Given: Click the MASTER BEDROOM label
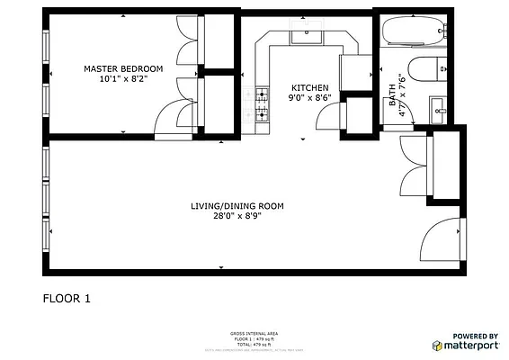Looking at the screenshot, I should [123, 68].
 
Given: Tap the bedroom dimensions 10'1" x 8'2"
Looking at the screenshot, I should [123, 79].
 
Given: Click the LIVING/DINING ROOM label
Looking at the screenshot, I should [237, 206].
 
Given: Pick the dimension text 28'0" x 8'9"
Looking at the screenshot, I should [237, 216].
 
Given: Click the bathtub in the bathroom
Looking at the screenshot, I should [413, 32].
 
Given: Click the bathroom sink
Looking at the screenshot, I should [438, 109].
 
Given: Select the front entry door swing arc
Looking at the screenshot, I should [440, 238].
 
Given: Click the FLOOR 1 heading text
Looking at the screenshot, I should [67, 298].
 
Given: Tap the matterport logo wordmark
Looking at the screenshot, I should [470, 345].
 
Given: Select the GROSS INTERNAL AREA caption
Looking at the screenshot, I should [254, 332].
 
